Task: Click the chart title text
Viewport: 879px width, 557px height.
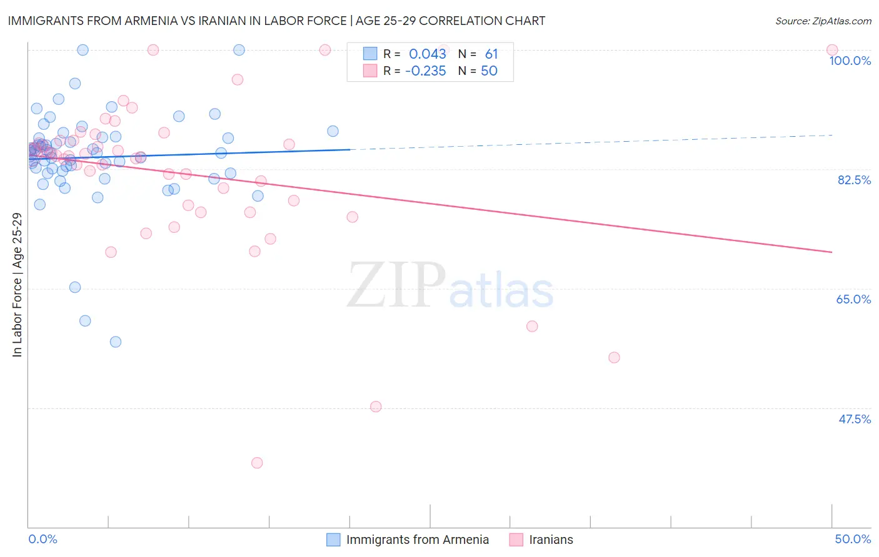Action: point(276,21)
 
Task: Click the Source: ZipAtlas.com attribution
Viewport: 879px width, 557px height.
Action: point(823,21)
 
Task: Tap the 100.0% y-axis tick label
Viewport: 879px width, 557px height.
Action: point(850,61)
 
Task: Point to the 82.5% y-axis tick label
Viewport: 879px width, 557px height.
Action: point(854,180)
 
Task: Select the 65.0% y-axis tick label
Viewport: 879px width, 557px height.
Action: point(853,299)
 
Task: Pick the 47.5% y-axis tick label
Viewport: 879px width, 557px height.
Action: point(854,419)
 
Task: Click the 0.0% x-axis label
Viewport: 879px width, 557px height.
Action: point(43,539)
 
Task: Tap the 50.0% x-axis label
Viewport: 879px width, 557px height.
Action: point(853,539)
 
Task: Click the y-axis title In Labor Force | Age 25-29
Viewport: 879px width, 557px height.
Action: point(17,285)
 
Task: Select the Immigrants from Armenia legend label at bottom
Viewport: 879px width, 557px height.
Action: point(418,540)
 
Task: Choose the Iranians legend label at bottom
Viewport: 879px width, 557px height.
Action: point(551,540)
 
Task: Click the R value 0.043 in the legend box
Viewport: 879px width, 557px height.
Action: point(428,54)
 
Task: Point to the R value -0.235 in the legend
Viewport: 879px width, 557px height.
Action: point(426,71)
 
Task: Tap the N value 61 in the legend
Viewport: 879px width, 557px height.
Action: point(491,54)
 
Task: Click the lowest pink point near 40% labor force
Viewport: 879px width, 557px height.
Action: point(257,463)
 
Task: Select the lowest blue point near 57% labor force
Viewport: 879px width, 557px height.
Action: point(116,342)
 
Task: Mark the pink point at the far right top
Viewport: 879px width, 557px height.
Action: point(832,50)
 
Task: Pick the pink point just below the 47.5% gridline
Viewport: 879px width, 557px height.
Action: point(376,407)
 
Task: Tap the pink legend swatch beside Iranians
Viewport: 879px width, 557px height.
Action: point(516,540)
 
